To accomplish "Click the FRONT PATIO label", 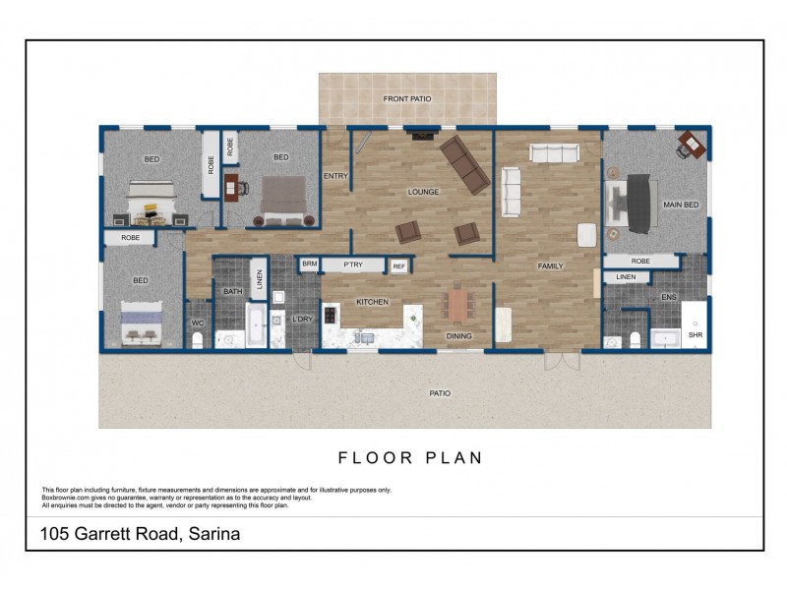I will (407, 100).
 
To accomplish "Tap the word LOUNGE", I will (423, 192).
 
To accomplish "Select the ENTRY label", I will (335, 176).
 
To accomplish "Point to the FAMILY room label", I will (549, 266).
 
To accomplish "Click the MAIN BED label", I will (681, 205).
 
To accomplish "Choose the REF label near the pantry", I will (398, 265).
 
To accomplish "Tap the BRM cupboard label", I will (309, 264).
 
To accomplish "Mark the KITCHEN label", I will (372, 302).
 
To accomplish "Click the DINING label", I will (458, 336).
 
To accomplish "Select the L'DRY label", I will (303, 319).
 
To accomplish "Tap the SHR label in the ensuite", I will (695, 335).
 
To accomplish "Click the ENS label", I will (668, 296).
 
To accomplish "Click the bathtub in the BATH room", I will (255, 325).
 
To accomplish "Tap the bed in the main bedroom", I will (635, 204).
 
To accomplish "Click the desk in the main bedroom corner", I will (693, 147).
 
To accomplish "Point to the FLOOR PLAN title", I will (409, 457).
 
